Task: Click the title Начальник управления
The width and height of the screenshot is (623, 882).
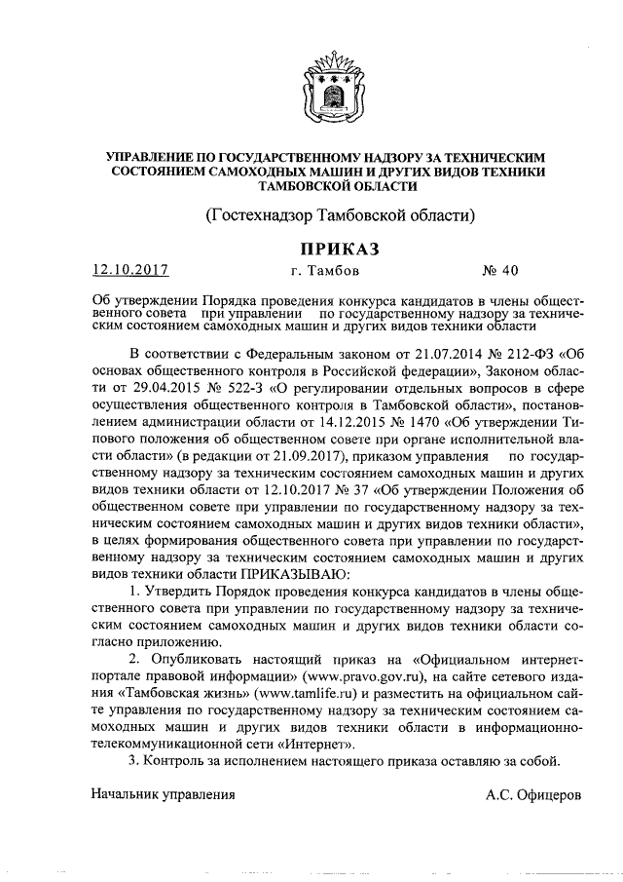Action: pyautogui.click(x=165, y=794)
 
